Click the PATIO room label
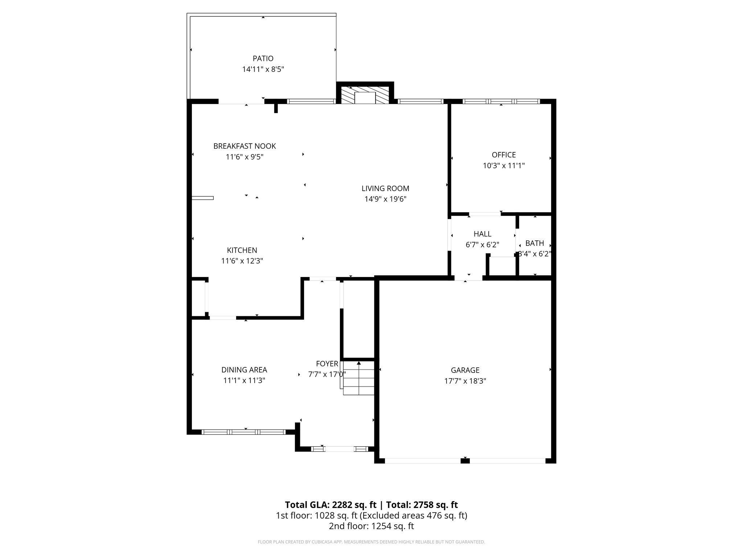pos(263,58)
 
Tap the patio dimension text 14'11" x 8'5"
pos(263,69)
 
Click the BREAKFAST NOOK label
pos(245,146)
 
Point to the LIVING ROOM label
pos(385,189)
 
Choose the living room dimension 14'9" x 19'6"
pos(385,199)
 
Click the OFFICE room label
pos(504,155)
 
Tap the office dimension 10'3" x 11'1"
pos(504,166)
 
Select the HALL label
pos(482,234)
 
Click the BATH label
pos(534,243)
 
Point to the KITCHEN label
pos(242,250)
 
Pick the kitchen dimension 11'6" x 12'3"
pos(242,261)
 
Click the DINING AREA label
pos(244,370)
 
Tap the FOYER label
pos(327,364)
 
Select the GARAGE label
pos(465,370)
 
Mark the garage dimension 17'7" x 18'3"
pos(465,381)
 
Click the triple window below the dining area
pos(243,432)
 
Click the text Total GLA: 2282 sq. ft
pos(331,505)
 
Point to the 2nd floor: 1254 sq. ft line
pos(371,526)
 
